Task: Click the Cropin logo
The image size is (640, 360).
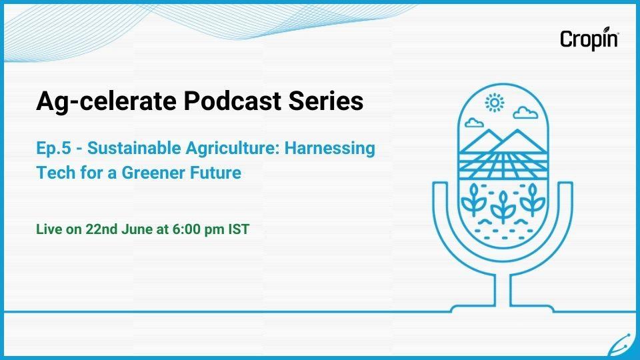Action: pos(589,39)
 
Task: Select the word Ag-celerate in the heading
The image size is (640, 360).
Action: pos(107,101)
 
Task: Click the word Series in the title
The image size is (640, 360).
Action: pos(326,101)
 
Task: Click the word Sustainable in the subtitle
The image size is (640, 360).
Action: pos(134,148)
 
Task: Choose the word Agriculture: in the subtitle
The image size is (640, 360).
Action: pos(233,149)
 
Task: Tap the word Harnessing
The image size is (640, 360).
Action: pos(330,149)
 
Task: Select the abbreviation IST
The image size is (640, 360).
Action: pos(239,229)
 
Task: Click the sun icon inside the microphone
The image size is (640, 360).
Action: pos(494,103)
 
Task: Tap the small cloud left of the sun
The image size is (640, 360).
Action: pos(474,122)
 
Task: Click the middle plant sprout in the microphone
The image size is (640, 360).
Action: pos(503,207)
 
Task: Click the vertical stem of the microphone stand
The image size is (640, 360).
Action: pos(503,290)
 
